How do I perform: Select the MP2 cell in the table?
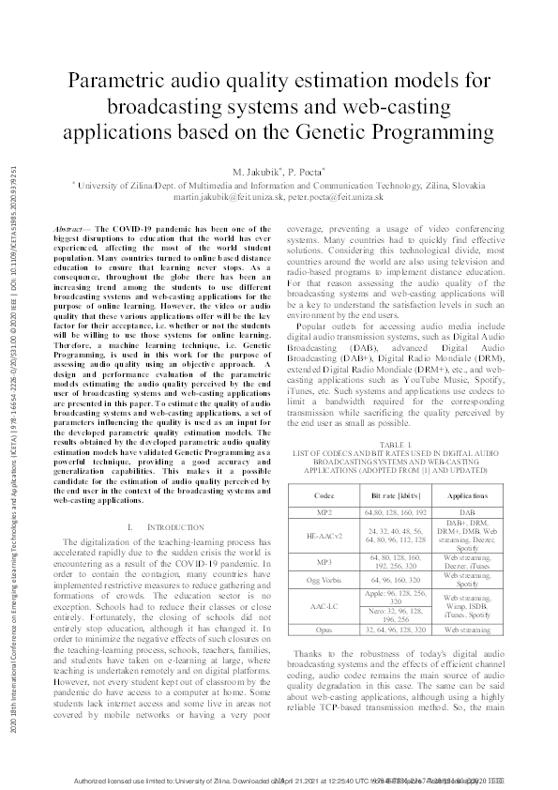point(324,512)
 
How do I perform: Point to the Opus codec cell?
point(324,631)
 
